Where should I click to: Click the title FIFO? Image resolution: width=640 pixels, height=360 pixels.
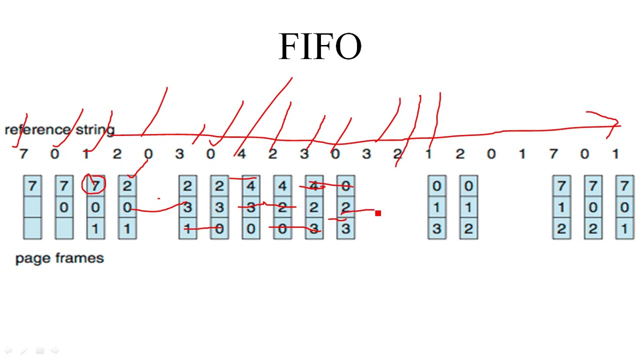[x=320, y=46]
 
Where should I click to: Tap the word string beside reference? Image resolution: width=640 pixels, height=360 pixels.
[x=95, y=130]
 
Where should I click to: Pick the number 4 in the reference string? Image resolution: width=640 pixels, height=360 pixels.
[x=241, y=154]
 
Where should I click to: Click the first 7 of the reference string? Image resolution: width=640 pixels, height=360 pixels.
[x=23, y=154]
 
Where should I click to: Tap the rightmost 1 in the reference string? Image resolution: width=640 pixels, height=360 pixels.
[x=615, y=154]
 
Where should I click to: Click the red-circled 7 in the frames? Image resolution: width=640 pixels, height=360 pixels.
[x=95, y=186]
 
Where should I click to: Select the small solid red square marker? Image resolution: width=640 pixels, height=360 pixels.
[x=378, y=213]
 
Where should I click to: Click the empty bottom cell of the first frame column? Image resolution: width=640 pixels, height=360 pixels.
[x=32, y=229]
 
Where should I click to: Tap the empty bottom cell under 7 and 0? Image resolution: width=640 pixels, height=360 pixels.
[x=63, y=229]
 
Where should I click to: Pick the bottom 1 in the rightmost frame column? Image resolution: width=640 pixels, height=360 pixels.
[x=624, y=229]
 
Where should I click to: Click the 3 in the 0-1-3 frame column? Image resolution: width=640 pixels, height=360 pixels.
[x=436, y=229]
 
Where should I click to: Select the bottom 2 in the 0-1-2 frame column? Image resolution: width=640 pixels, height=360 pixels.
[x=468, y=229]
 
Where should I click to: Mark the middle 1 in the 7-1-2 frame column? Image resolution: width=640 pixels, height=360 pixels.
[x=561, y=207]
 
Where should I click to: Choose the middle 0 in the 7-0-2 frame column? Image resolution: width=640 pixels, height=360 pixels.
[x=593, y=207]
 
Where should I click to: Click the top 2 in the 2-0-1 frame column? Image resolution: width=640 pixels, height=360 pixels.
[x=126, y=186]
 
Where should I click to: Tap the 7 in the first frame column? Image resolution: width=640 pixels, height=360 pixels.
[x=32, y=186]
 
